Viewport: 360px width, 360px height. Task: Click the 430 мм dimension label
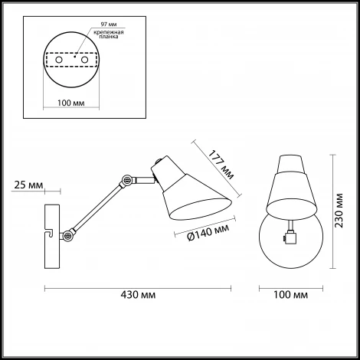pyautogui.click(x=138, y=295)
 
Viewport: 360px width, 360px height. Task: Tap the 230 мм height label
pyautogui.click(x=339, y=211)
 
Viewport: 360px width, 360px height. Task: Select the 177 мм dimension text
pyautogui.click(x=221, y=165)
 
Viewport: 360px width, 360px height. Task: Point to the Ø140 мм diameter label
pyautogui.click(x=208, y=232)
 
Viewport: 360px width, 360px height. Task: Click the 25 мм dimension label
pyautogui.click(x=28, y=185)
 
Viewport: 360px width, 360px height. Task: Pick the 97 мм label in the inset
pyautogui.click(x=109, y=25)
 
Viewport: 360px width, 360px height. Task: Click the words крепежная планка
pyautogui.click(x=109, y=34)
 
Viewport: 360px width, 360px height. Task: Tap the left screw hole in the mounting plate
pyautogui.click(x=59, y=60)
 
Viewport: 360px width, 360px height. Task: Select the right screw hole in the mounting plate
pyautogui.click(x=84, y=60)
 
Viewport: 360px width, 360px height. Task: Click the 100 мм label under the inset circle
pyautogui.click(x=71, y=103)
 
